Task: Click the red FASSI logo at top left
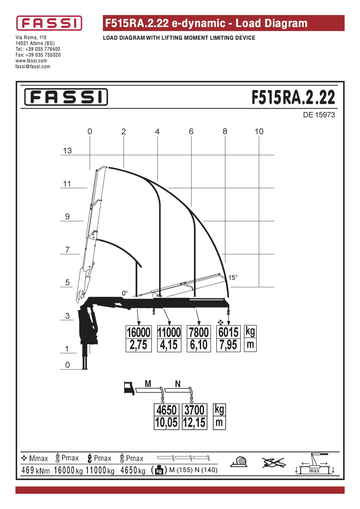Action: pyautogui.click(x=49, y=23)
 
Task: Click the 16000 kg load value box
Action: pyautogui.click(x=139, y=332)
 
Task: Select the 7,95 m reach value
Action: pyautogui.click(x=228, y=345)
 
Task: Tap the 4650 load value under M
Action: pyautogui.click(x=167, y=410)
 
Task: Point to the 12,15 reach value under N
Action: pyautogui.click(x=195, y=423)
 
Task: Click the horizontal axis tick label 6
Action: pyautogui.click(x=191, y=132)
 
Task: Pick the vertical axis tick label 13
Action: pyautogui.click(x=67, y=151)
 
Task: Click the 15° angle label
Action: pyautogui.click(x=233, y=278)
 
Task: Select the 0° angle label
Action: pyautogui.click(x=125, y=293)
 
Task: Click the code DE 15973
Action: pyautogui.click(x=319, y=115)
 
